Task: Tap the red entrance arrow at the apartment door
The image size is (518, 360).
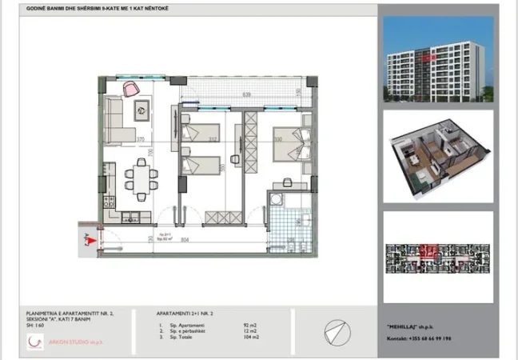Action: click(94, 238)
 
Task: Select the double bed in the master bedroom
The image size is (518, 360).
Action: click(289, 146)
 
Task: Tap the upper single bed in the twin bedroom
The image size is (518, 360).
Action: click(200, 133)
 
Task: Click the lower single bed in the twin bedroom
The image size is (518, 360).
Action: click(200, 165)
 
